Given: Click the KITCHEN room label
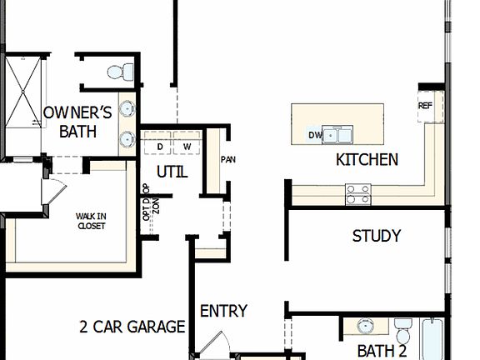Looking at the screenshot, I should point(367,159).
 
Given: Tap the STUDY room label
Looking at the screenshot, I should point(376,236).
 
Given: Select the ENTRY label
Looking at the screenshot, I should point(223,311).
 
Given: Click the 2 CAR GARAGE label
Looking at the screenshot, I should point(132,327).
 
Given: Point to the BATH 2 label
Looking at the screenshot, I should point(382,351).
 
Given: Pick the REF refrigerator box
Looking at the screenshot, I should point(426,106).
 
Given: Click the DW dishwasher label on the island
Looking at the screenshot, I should point(315,135).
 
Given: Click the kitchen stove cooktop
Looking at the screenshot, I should point(358,194).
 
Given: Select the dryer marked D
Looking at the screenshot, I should point(160,147).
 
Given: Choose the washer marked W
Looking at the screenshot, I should point(187,147).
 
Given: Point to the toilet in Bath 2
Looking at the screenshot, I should point(403,328).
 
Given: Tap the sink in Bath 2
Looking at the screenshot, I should point(366,326).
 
